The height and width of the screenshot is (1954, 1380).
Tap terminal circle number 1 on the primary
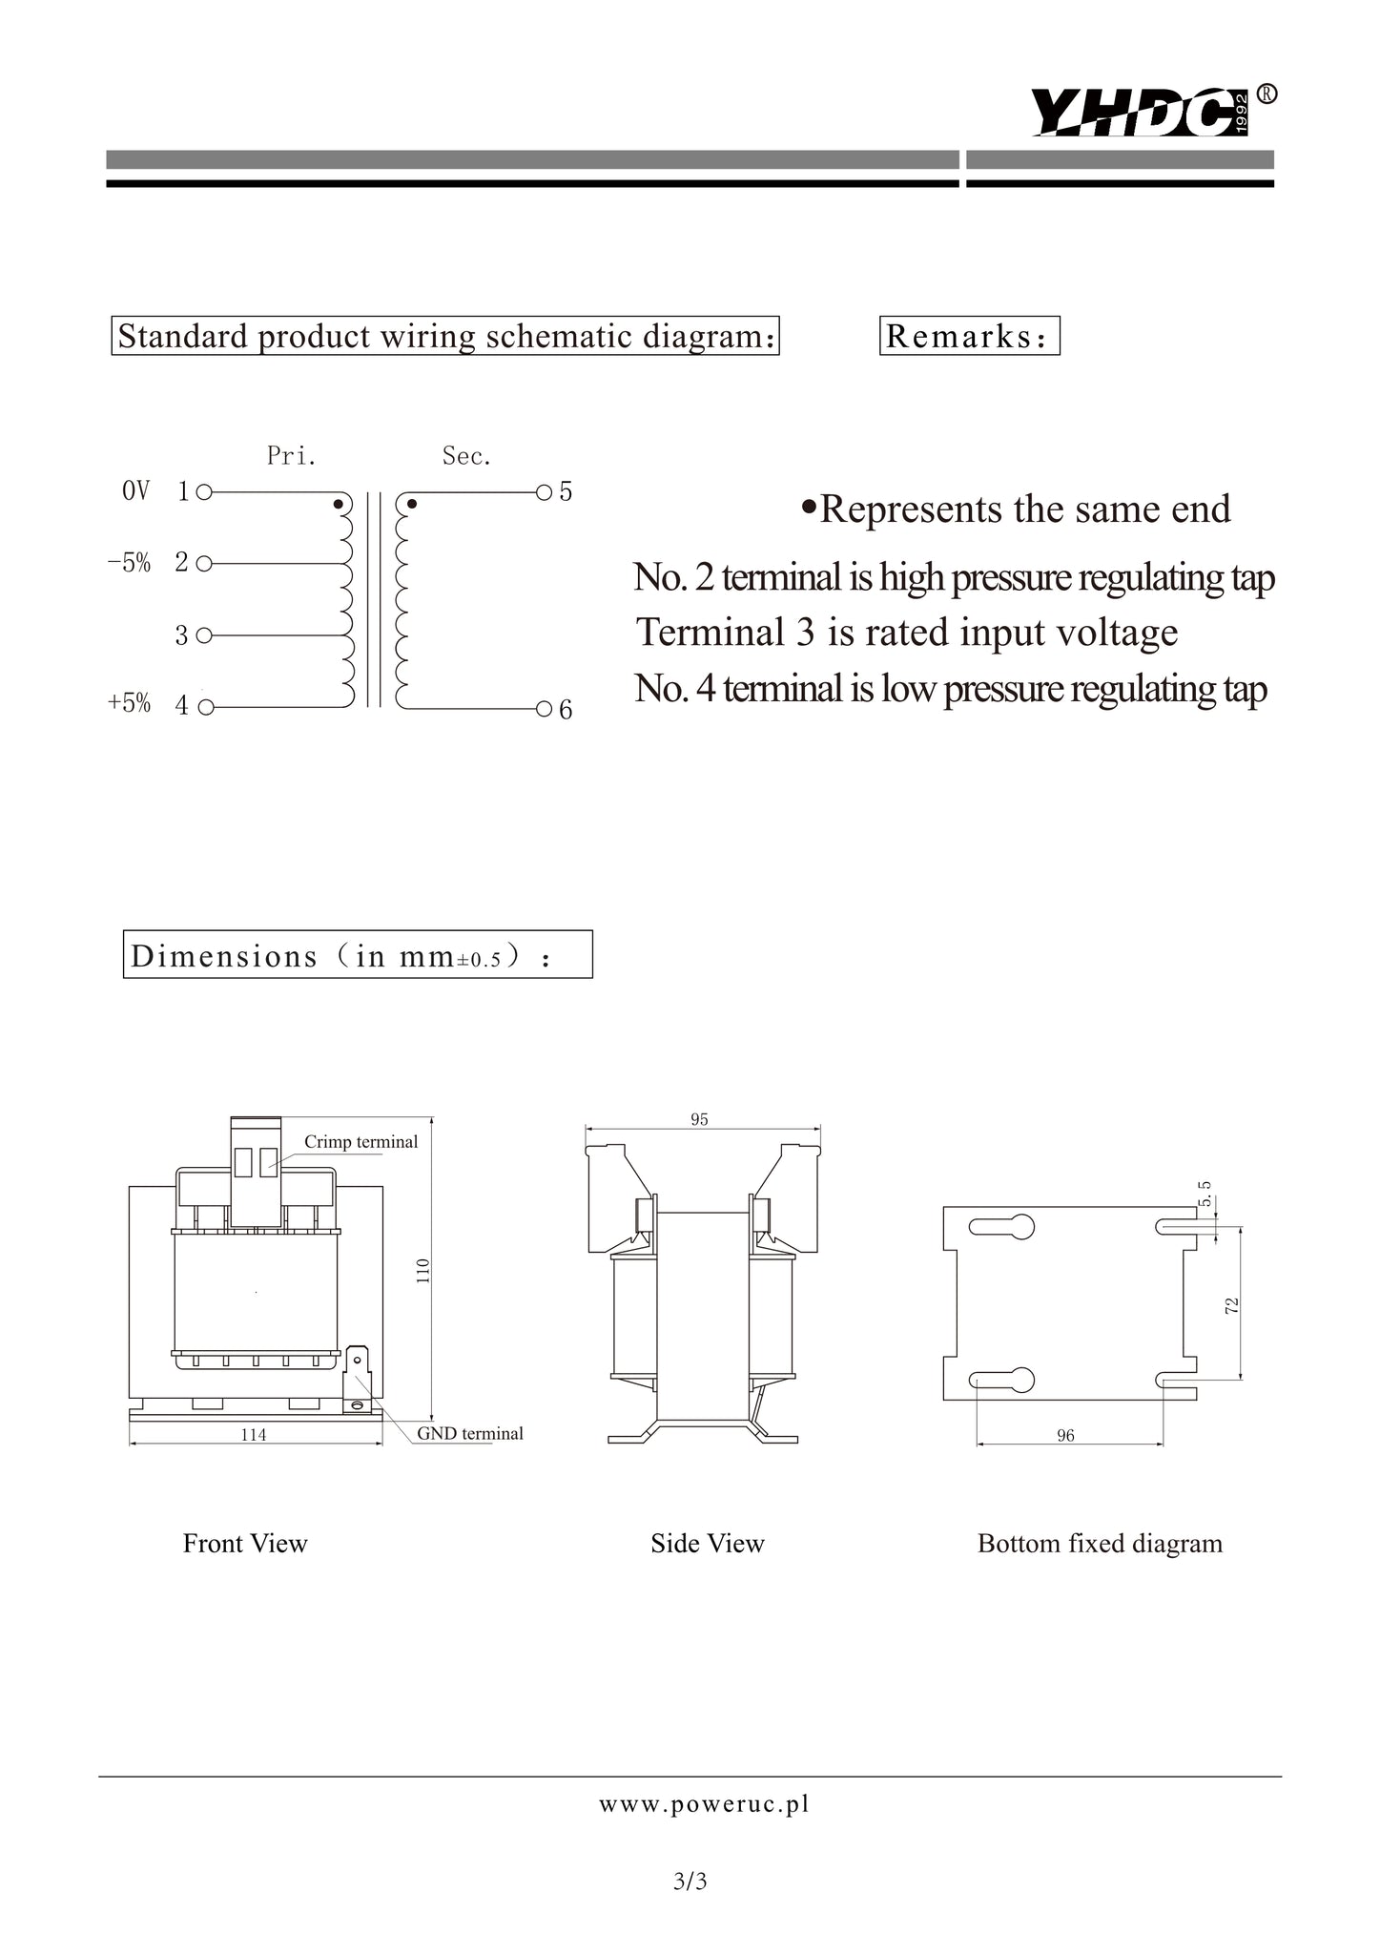(204, 492)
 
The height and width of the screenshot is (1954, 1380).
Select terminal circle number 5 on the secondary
(544, 492)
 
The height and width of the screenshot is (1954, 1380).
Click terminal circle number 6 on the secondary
(544, 709)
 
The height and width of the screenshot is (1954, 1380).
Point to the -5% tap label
(130, 563)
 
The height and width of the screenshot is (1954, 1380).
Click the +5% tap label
(130, 703)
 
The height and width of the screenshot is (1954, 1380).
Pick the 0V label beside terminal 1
(136, 491)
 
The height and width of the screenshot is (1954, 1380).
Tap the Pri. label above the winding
(292, 456)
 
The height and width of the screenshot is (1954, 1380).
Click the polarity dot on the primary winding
(337, 503)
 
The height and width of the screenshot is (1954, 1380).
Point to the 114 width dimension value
(254, 1434)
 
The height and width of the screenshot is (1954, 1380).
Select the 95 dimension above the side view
(700, 1119)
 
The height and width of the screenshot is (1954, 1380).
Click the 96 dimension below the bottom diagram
(1066, 1435)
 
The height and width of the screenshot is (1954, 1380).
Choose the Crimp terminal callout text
(361, 1142)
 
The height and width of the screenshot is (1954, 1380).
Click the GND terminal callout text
(470, 1433)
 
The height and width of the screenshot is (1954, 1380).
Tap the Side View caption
(708, 1544)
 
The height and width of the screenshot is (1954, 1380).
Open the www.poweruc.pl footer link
(704, 1804)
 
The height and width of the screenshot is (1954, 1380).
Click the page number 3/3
(690, 1881)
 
